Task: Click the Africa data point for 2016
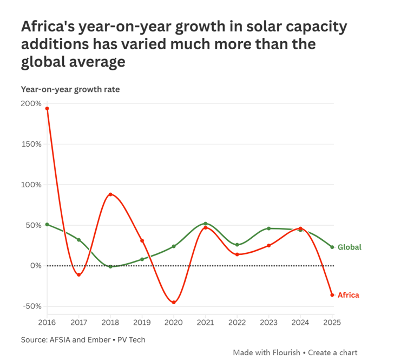(x=47, y=108)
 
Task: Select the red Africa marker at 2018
(x=110, y=194)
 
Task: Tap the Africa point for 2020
(x=174, y=302)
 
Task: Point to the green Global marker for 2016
(x=47, y=224)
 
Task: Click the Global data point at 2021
(x=206, y=224)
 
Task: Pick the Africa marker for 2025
(x=332, y=294)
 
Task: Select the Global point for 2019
(x=142, y=259)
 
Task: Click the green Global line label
(x=349, y=247)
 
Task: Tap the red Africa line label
(x=348, y=295)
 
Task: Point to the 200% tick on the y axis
(x=31, y=104)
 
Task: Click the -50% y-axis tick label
(x=31, y=306)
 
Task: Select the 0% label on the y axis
(x=35, y=266)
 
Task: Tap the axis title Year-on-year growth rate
(x=70, y=89)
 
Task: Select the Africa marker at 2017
(x=79, y=275)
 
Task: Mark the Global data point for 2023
(x=269, y=228)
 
